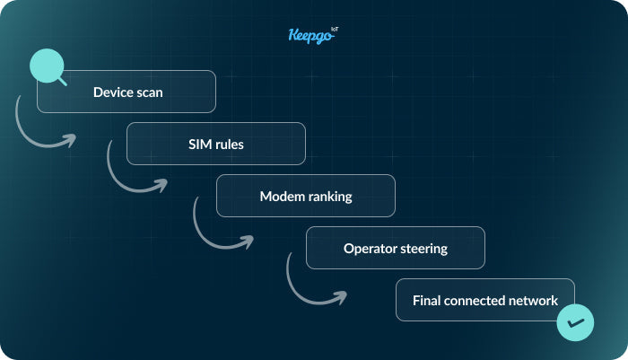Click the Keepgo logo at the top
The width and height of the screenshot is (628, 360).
(308, 36)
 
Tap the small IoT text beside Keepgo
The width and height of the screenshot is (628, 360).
(335, 30)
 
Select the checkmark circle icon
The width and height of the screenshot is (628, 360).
(574, 322)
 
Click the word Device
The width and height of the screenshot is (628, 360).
(113, 92)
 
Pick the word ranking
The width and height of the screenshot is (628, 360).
(327, 196)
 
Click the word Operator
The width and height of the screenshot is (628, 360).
(371, 248)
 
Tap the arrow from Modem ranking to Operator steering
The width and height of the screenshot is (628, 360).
(215, 236)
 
